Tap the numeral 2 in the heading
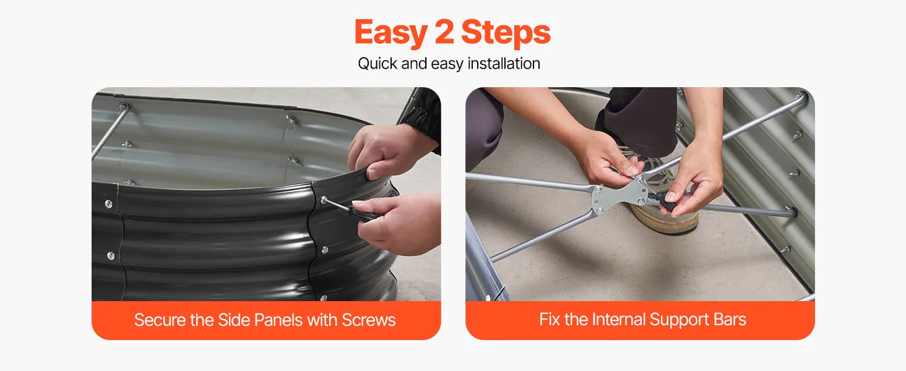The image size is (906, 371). pos(444,32)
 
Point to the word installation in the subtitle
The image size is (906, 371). pos(504,64)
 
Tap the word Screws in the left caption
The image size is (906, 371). pos(368,320)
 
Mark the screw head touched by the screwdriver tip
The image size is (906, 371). pos(324,200)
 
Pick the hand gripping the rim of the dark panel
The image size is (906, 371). pos(388,152)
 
